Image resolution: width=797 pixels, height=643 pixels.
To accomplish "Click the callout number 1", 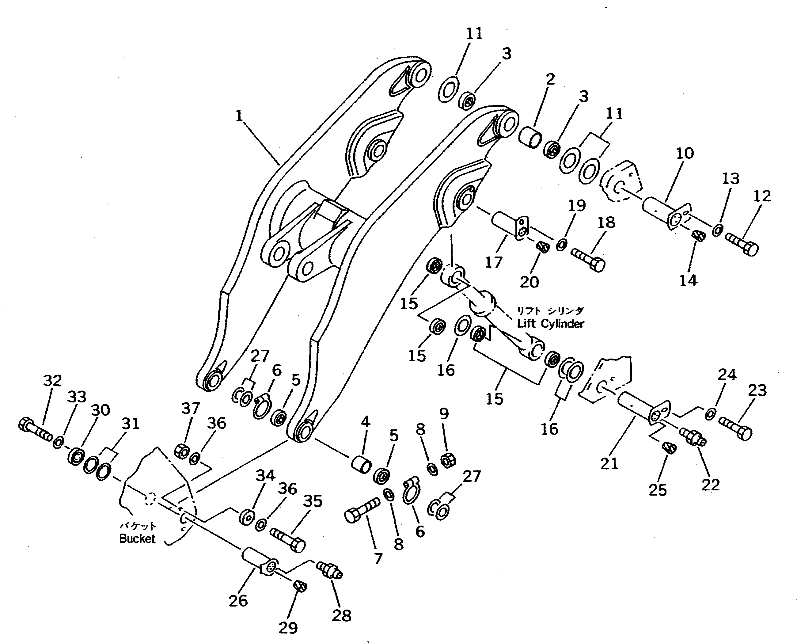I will (239, 116).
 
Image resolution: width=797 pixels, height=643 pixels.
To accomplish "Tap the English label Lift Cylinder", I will (550, 324).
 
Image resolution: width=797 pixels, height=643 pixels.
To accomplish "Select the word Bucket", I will (137, 538).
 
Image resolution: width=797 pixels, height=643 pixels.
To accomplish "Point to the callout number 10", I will (685, 153).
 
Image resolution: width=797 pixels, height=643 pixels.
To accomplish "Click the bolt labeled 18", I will (588, 260).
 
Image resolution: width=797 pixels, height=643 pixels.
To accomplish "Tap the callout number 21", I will (609, 464).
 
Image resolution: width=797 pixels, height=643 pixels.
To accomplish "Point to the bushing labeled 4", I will (361, 464).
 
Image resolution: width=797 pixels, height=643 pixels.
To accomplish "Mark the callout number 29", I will (288, 628).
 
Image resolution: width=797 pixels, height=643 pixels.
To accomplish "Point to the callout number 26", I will (238, 601).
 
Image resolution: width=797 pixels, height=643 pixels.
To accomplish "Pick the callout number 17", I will (493, 262).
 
